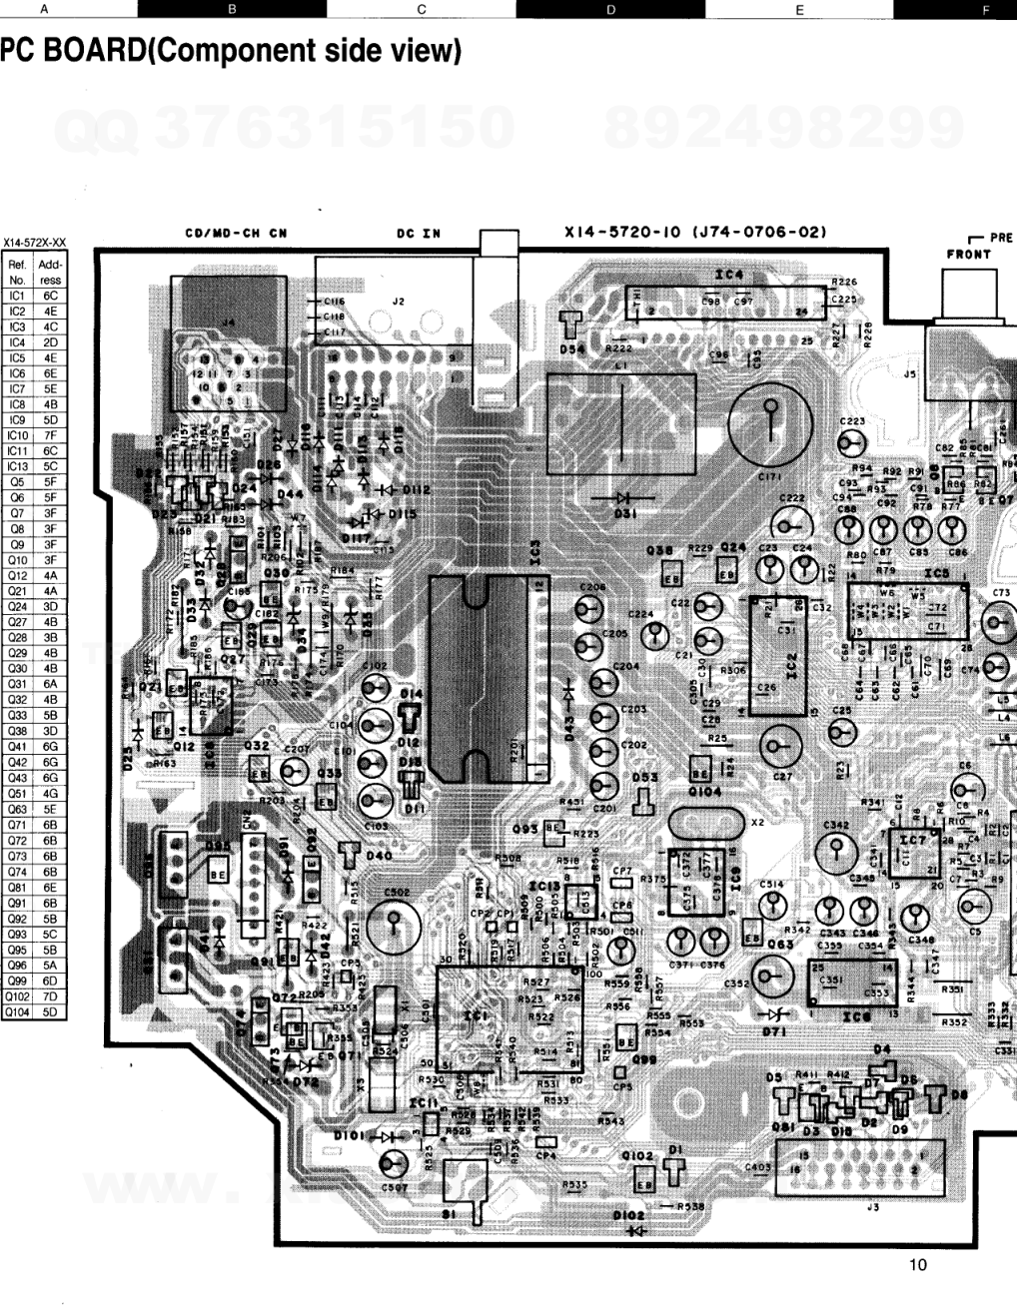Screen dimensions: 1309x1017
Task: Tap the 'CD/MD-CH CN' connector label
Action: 236,234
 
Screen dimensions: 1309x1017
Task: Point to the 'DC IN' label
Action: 418,234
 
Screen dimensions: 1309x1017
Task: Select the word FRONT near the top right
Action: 968,255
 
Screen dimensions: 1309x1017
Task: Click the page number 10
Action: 918,1265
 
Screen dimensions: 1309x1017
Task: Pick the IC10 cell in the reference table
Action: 17,435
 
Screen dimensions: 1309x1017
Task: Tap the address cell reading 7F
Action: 50,435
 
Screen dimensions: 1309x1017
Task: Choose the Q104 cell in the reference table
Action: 17,1011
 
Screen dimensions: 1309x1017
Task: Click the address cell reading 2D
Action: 50,341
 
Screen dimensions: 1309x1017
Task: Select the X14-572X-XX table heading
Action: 35,242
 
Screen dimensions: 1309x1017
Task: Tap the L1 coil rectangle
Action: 621,422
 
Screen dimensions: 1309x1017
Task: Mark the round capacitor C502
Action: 392,925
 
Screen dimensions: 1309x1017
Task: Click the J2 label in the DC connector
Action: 397,300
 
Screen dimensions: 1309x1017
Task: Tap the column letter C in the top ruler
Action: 421,9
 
